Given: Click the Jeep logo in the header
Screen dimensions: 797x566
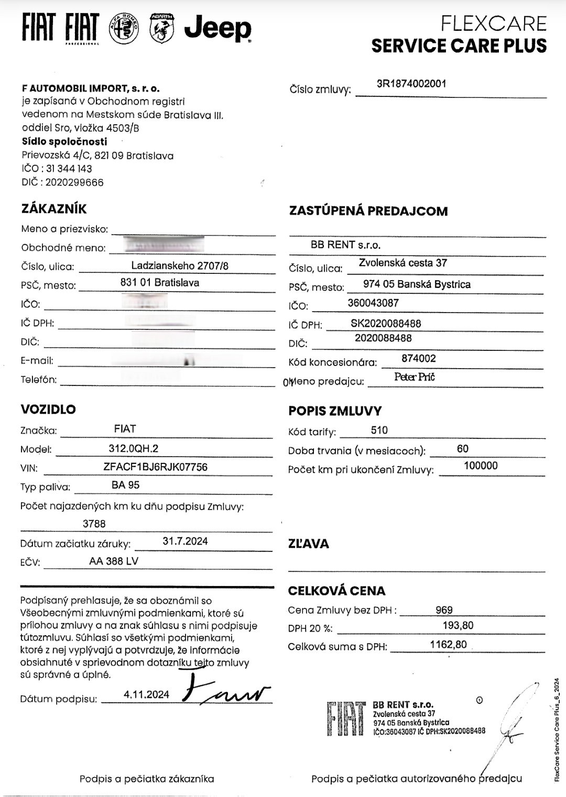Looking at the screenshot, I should coord(217,28).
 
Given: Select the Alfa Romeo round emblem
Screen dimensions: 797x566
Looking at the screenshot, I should coord(124,28).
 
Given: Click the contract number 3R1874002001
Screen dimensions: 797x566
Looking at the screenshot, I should coord(411,84).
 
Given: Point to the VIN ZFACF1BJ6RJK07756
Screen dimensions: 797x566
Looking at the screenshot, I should coord(156,467).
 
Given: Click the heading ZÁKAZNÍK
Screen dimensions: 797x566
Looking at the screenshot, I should coord(53,208).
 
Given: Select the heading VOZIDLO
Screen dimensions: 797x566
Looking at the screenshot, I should coord(48,409).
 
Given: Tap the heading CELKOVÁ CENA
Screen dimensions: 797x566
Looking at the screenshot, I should coord(336,591).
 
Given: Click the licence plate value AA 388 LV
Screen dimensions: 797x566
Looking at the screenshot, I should coord(114,561).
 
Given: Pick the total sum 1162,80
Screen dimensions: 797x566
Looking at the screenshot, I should coord(448,645).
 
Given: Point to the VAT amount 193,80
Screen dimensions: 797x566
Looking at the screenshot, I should coord(458,625).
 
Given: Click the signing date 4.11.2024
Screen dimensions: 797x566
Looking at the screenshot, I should coord(147,694).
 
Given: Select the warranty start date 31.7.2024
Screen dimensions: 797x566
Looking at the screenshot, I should coord(185,541).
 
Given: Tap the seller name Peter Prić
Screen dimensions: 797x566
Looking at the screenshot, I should coord(415,377).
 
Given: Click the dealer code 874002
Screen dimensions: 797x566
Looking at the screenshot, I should coord(418,359).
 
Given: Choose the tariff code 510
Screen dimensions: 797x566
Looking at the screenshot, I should coord(379,430).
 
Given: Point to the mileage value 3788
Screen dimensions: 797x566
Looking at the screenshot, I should coord(94,524).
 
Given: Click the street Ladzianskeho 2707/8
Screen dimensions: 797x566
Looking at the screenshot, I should coord(180,265).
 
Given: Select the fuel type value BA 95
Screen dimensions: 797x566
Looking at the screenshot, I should coord(126,485).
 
